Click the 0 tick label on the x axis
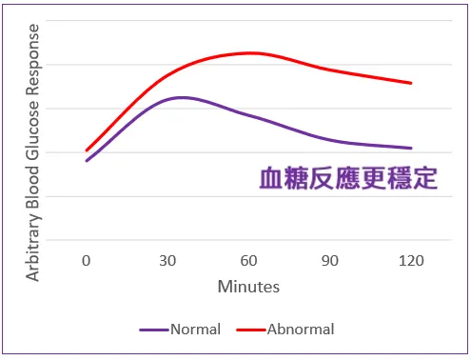point(86,260)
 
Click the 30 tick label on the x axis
point(167,260)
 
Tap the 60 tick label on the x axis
point(249,260)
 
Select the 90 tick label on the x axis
point(330,260)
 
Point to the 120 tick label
point(412,260)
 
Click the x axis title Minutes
point(248,286)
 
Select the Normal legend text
point(195,330)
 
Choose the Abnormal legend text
point(301,330)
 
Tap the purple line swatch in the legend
point(153,330)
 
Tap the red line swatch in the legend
point(249,330)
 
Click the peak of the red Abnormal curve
point(249,53)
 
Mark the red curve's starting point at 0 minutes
point(87,150)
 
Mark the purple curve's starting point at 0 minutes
point(87,161)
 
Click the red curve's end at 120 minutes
point(411,83)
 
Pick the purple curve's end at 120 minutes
point(411,148)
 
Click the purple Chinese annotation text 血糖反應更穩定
point(348,179)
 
